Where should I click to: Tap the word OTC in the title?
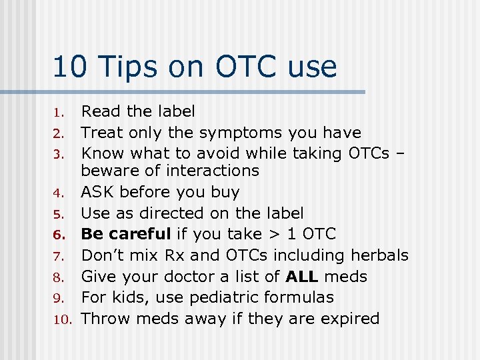[247, 67]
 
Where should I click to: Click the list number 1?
[59, 113]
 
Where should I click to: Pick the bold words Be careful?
[126, 234]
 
